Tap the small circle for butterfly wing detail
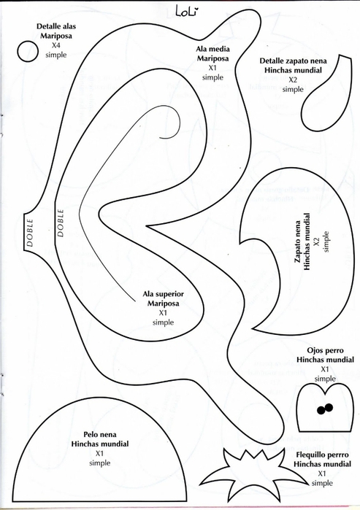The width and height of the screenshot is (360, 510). coord(28,51)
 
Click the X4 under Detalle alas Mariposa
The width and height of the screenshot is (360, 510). coord(55,45)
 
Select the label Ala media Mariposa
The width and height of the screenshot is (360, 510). coord(212,54)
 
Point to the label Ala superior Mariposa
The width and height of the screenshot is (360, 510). coord(163,298)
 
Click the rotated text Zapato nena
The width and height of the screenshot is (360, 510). coord(297,242)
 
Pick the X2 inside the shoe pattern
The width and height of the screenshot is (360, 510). coord(316,242)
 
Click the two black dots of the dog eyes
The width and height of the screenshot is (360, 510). coord(325,409)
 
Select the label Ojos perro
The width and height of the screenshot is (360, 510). coord(325,350)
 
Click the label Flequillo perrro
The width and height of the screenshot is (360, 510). coord(322,455)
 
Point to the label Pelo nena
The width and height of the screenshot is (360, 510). coord(99,434)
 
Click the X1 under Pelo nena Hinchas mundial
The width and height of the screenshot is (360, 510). coord(99,453)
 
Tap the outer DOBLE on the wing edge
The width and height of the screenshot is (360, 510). coord(30,233)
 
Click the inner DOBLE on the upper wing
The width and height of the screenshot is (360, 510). coord(61,223)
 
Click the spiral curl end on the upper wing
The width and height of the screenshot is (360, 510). coord(161,138)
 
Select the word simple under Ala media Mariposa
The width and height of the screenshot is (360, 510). coord(212,77)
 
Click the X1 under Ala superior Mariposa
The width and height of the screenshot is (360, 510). coord(163,313)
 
